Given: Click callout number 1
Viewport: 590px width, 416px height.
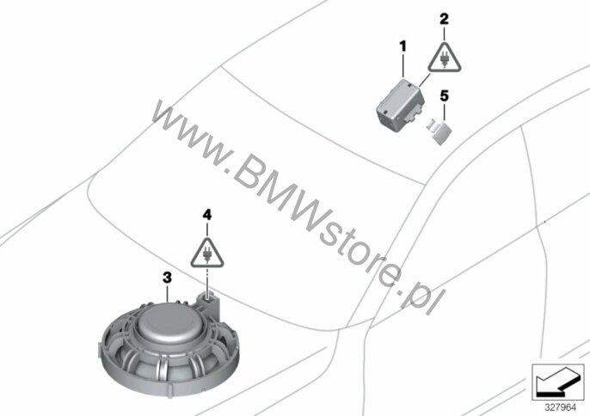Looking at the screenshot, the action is [x=403, y=47].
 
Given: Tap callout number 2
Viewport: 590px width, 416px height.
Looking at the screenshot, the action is [x=444, y=19].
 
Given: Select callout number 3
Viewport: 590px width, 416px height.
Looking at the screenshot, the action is [x=167, y=278].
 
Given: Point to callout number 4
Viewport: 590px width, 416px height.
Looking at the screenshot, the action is [x=207, y=215].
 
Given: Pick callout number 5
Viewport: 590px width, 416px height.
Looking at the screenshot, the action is [x=445, y=96].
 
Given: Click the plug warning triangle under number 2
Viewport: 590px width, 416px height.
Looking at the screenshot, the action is [x=445, y=58].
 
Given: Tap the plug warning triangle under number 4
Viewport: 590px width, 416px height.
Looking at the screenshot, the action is [x=207, y=254].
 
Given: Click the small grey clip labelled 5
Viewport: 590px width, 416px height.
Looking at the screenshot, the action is [x=439, y=132].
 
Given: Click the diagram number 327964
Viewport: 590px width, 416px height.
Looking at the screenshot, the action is [x=561, y=407].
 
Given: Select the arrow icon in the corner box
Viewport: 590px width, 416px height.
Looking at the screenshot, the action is [x=556, y=382].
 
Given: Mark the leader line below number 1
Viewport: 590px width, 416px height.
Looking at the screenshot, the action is [x=403, y=66].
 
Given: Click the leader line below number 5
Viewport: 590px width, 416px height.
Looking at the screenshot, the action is [x=445, y=113].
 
